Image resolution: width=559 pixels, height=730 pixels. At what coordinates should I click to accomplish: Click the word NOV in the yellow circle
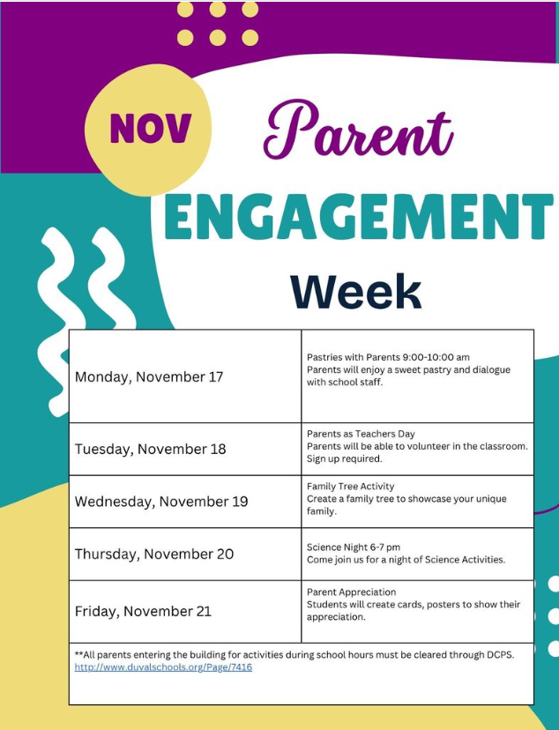point(150,130)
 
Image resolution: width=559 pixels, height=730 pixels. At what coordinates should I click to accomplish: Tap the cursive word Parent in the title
point(358,131)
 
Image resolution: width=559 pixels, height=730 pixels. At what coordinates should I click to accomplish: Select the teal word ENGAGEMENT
point(358,219)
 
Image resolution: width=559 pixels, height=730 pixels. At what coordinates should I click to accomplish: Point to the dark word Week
point(356,291)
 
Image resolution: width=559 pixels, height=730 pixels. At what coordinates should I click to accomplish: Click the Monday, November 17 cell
point(149,377)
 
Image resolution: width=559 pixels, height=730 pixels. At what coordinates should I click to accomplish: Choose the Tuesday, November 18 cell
point(150,449)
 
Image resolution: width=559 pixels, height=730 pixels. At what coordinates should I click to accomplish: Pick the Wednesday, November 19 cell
point(161,502)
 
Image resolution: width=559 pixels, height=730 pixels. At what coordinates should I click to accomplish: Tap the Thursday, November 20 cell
point(154,555)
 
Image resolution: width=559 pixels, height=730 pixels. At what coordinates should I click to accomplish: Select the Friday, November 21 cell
point(143,611)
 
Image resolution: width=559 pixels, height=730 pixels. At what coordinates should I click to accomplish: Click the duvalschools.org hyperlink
point(163,667)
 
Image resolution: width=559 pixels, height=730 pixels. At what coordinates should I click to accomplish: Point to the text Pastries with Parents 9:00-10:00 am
point(388,357)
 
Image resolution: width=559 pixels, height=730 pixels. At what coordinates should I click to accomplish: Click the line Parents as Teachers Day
point(361,434)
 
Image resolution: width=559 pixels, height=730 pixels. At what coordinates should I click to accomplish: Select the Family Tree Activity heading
point(351,487)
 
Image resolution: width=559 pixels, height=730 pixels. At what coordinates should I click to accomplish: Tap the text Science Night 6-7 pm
point(354,547)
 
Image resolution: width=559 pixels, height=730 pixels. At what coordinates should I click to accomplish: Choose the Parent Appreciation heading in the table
point(352,592)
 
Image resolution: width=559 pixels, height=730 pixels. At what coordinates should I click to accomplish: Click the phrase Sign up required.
point(345,458)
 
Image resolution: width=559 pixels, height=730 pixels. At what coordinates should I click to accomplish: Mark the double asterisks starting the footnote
point(78,655)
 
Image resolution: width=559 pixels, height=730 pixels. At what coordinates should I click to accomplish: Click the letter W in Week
point(311,291)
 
